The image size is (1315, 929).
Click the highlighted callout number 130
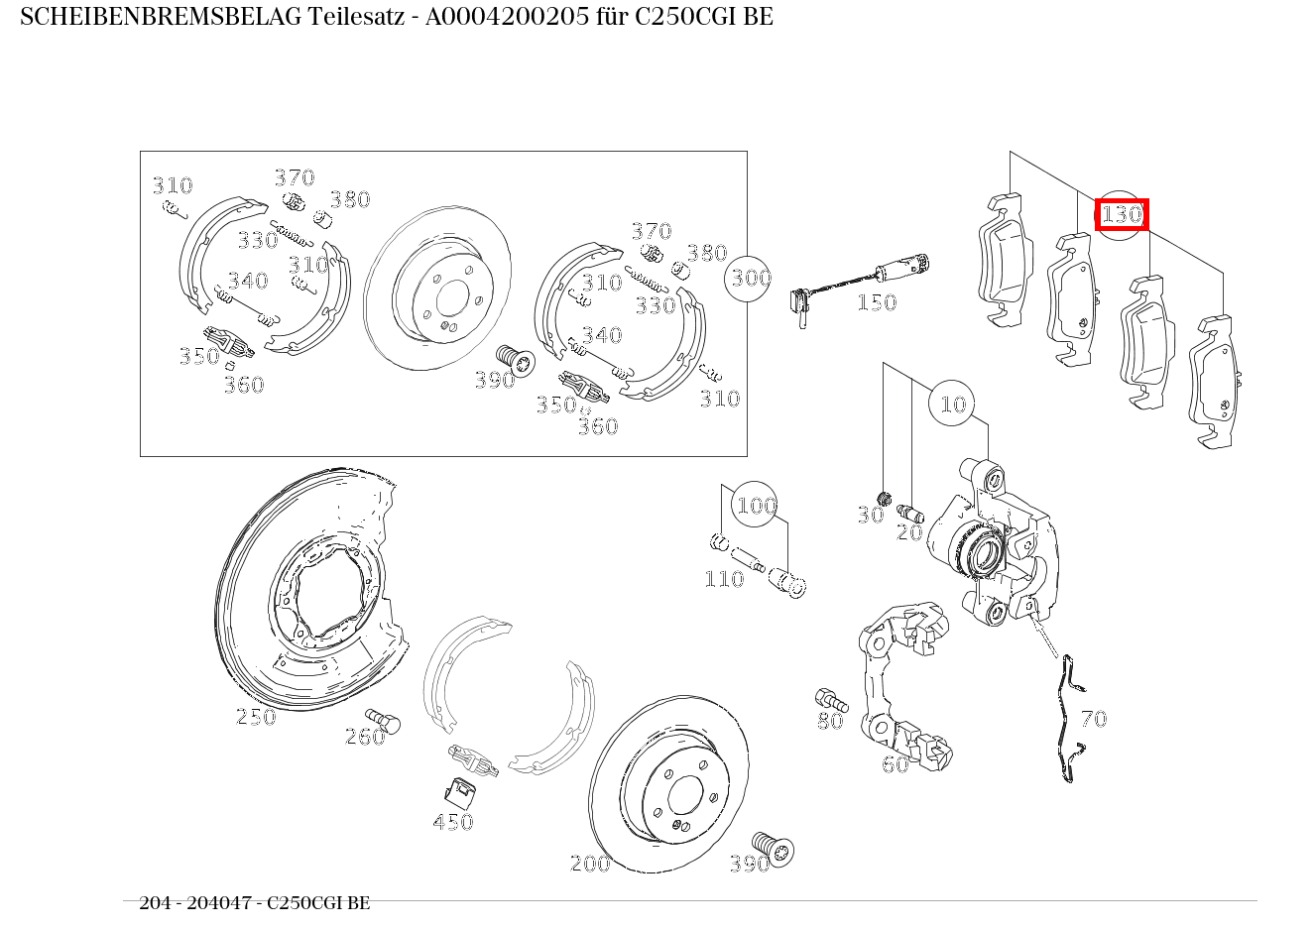click(x=1122, y=214)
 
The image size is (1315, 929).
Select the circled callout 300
click(x=751, y=278)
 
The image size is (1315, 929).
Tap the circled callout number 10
click(x=953, y=404)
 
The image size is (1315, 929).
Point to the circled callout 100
click(x=756, y=506)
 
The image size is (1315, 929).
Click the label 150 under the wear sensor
click(x=877, y=302)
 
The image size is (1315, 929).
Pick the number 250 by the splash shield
click(x=256, y=716)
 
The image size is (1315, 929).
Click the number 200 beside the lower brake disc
click(x=590, y=864)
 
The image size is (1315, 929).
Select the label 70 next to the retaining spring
click(x=1093, y=718)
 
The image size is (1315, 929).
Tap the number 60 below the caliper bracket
click(x=895, y=763)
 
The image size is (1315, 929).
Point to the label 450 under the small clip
click(x=453, y=821)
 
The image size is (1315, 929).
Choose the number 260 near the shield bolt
click(x=364, y=736)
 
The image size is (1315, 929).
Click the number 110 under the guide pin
click(x=724, y=579)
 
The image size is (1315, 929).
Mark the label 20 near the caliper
click(x=909, y=532)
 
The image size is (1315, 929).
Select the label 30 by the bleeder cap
click(x=870, y=515)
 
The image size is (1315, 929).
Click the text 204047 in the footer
click(x=213, y=902)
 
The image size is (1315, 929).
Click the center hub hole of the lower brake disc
click(x=684, y=795)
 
